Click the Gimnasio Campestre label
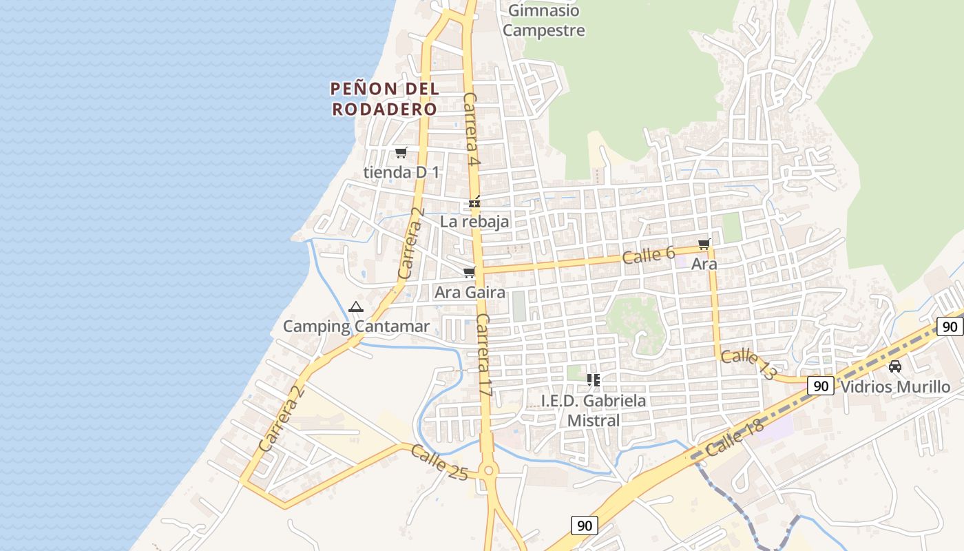(x=543, y=21)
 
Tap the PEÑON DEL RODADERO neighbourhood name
(x=384, y=98)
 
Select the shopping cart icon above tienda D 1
(x=401, y=152)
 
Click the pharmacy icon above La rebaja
(x=474, y=202)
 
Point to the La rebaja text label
(x=474, y=221)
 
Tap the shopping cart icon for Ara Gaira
(x=470, y=273)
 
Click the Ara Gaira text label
(x=470, y=292)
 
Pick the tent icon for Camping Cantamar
(x=355, y=307)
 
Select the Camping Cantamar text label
(x=356, y=326)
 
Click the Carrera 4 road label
(x=471, y=129)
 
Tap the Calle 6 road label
(x=648, y=255)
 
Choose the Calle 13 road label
(x=748, y=364)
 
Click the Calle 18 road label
(x=735, y=439)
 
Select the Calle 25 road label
(x=439, y=462)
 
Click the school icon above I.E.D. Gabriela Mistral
(x=593, y=380)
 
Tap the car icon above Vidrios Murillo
(x=895, y=366)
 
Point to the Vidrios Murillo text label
(x=895, y=386)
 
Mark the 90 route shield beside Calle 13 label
(x=820, y=386)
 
